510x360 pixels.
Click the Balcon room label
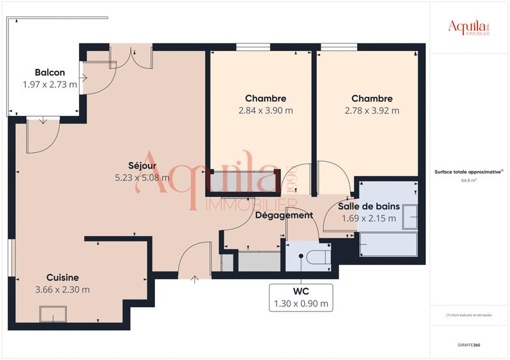(x=50, y=73)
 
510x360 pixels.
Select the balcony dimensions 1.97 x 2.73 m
(x=50, y=84)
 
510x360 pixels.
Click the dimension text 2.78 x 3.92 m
(x=372, y=110)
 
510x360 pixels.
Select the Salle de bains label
(x=368, y=206)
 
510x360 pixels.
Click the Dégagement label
(x=284, y=215)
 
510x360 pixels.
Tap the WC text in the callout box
(x=301, y=292)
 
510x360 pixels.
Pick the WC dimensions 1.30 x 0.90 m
(x=301, y=304)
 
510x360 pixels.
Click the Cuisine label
(x=62, y=277)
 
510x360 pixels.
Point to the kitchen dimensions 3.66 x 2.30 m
(x=62, y=289)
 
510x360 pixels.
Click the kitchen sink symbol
(x=53, y=314)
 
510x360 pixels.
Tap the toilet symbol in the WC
(x=317, y=257)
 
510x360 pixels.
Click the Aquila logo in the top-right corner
(x=469, y=27)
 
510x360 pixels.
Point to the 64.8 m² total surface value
(x=469, y=180)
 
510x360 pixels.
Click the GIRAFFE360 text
(x=469, y=345)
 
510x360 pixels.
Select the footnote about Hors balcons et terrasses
(x=469, y=315)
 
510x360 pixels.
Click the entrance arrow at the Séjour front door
(x=194, y=277)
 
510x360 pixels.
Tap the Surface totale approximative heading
(x=469, y=172)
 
